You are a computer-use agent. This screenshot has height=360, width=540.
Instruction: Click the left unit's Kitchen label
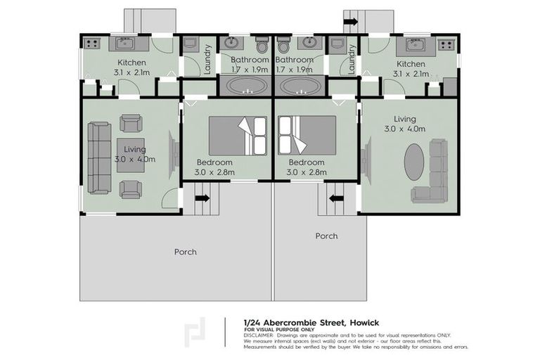131,63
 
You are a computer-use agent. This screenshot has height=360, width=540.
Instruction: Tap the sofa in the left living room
98,157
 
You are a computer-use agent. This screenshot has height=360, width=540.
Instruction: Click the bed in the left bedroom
238,135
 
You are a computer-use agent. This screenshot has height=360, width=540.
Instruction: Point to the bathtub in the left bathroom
245,87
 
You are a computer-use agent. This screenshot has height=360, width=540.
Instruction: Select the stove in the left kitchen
92,44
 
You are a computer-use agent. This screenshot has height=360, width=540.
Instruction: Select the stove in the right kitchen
446,44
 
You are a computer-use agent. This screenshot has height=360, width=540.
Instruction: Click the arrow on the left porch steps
202,198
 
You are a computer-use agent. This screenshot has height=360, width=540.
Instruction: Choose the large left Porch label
186,251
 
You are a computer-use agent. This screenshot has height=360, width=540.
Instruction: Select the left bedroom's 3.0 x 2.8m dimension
216,171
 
